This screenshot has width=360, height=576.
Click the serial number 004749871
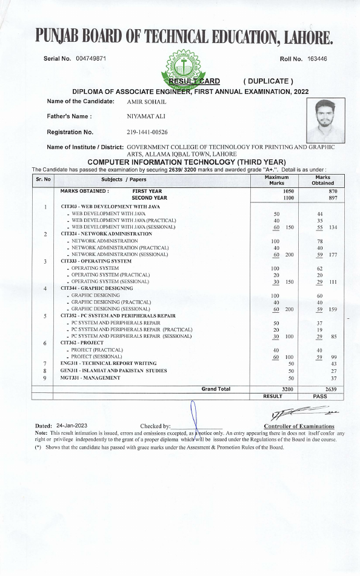coord(91,58)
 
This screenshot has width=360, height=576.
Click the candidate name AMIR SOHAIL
coord(146,101)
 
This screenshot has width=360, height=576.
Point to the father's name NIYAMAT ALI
coord(146,116)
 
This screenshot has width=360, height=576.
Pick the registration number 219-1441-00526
coord(147,132)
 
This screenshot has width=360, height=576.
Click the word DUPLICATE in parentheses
coord(268,81)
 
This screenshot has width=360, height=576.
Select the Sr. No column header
coord(44,180)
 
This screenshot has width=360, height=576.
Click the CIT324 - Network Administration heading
coord(106,233)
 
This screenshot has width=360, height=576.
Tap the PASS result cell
coord(320,396)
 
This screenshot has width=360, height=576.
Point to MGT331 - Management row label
coord(90,378)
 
